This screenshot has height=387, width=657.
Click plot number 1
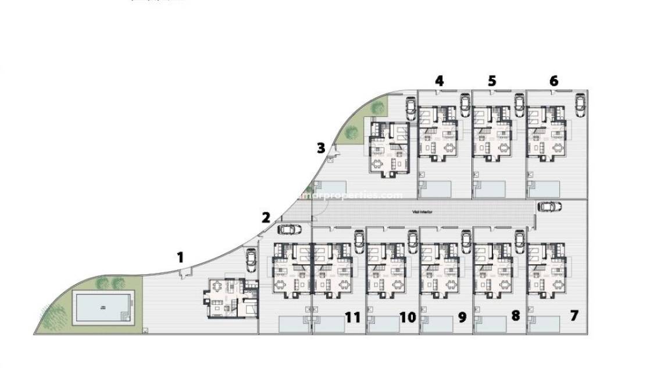coord(181,257)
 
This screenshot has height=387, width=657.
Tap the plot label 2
coord(266,218)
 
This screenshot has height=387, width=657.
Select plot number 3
coord(321,148)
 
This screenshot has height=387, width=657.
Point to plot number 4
coord(440,81)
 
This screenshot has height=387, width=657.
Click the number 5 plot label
coord(492,81)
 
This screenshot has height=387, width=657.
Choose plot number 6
coord(553,81)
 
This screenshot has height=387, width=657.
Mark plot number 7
coord(574,316)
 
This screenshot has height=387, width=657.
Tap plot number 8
coord(515,316)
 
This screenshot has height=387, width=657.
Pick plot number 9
coord(462,317)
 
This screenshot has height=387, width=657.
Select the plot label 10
coord(408,317)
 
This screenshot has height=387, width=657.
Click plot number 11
coord(353,317)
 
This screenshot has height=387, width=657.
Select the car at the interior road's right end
coord(549,206)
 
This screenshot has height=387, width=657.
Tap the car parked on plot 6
coord(580,105)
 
